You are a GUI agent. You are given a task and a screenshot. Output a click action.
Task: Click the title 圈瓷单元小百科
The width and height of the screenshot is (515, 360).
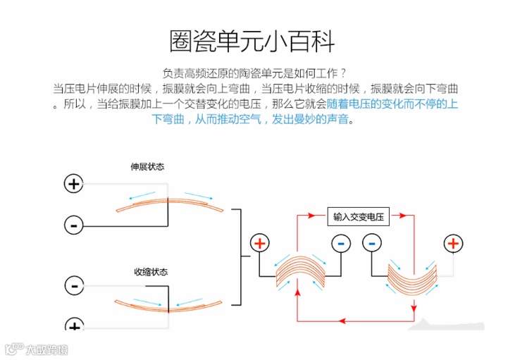252,41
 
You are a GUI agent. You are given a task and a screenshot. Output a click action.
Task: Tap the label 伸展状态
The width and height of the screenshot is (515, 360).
147,167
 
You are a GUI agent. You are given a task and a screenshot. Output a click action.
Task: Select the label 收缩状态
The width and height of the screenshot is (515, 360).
151,272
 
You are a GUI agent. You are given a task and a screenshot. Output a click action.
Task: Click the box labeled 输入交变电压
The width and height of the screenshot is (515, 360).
358,217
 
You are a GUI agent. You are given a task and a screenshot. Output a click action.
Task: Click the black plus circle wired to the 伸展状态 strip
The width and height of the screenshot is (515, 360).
73,184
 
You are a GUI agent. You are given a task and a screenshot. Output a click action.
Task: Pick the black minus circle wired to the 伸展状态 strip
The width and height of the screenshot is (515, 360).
73,225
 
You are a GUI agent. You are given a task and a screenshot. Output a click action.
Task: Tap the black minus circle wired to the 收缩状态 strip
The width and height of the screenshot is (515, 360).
73,285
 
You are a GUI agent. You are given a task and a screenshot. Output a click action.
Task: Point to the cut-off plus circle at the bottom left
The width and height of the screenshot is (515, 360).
73,326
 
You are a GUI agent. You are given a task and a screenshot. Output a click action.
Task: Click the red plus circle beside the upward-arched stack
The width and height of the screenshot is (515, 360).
260,243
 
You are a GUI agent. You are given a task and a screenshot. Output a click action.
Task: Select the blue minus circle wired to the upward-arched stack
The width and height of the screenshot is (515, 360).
341,243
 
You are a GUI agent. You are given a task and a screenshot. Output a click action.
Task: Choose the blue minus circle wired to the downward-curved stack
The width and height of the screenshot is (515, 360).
372,243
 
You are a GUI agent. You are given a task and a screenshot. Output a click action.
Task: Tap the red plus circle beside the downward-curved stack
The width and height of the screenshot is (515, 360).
453,243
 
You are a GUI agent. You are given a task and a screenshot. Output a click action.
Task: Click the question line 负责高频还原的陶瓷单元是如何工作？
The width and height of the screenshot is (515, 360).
254,73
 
